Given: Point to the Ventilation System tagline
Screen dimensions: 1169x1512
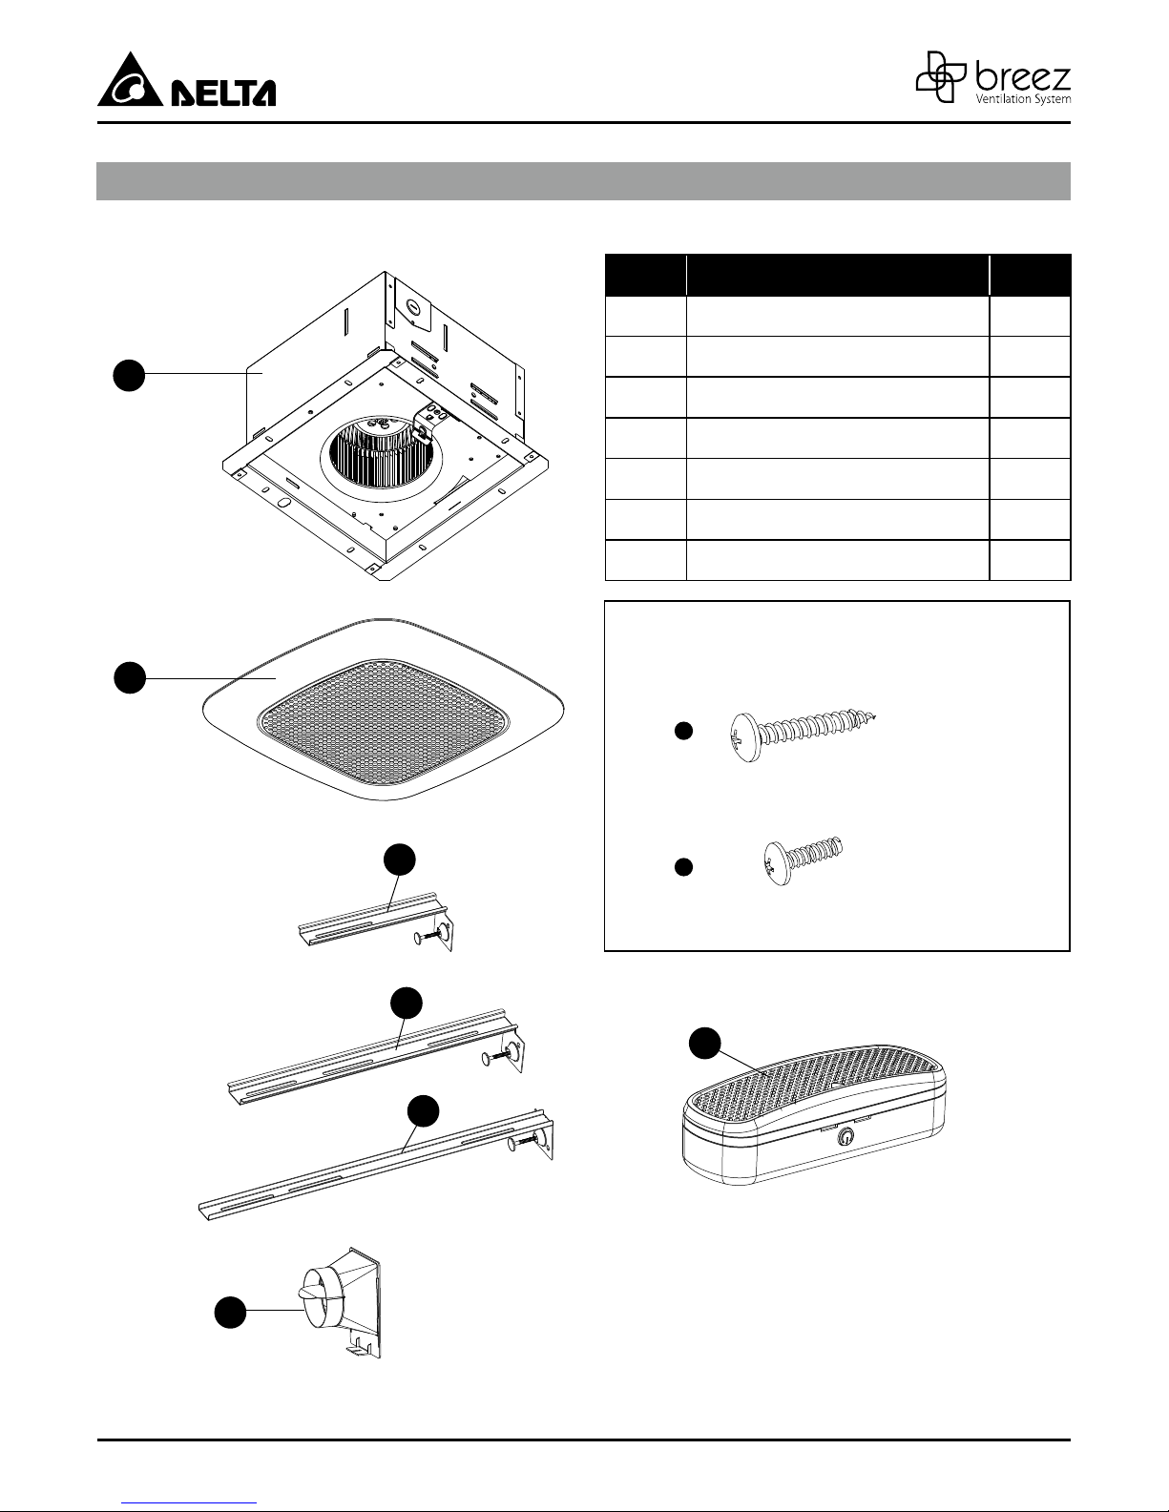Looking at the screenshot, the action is [1023, 99].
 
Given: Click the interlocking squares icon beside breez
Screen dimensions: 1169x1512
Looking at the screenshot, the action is [941, 76].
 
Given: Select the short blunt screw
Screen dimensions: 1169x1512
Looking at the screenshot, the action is [804, 860].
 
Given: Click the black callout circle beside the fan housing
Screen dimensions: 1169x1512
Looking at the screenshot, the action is [129, 375].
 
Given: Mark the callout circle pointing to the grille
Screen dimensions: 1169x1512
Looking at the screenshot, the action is [130, 677].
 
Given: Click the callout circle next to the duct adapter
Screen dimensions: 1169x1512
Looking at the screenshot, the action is [230, 1312].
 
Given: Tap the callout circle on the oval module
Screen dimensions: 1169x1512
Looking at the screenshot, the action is [705, 1043].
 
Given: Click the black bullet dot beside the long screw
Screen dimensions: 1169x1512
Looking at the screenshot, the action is [684, 731].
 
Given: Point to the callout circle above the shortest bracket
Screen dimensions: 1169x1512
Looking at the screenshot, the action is [400, 860].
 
